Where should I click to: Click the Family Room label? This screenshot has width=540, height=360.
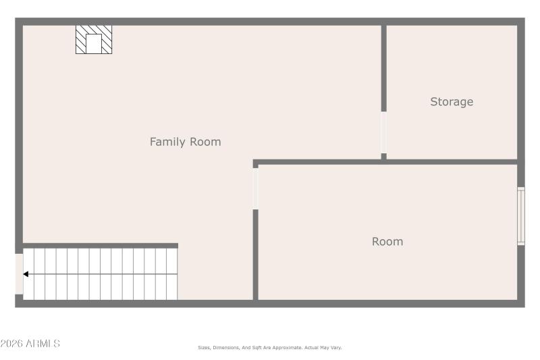[185, 142]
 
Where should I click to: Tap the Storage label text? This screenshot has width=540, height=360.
[452, 102]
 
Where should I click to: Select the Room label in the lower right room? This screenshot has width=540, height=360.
[387, 242]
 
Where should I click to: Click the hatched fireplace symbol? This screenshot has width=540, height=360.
[93, 40]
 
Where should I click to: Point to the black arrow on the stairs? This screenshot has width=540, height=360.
[26, 274]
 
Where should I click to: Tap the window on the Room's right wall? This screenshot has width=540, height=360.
[520, 215]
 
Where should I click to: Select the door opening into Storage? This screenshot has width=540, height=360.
[383, 132]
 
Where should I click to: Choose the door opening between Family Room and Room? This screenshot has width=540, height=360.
[255, 188]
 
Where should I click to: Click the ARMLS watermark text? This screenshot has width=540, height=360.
[30, 344]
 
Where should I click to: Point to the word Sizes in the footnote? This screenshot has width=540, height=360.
[204, 348]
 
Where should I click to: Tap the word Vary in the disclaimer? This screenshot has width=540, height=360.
[335, 348]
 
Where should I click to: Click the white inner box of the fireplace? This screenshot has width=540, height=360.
[94, 43]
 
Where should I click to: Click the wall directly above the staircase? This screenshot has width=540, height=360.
[100, 245]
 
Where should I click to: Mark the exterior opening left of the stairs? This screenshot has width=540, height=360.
[19, 274]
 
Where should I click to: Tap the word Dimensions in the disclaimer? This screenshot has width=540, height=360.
[226, 348]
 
